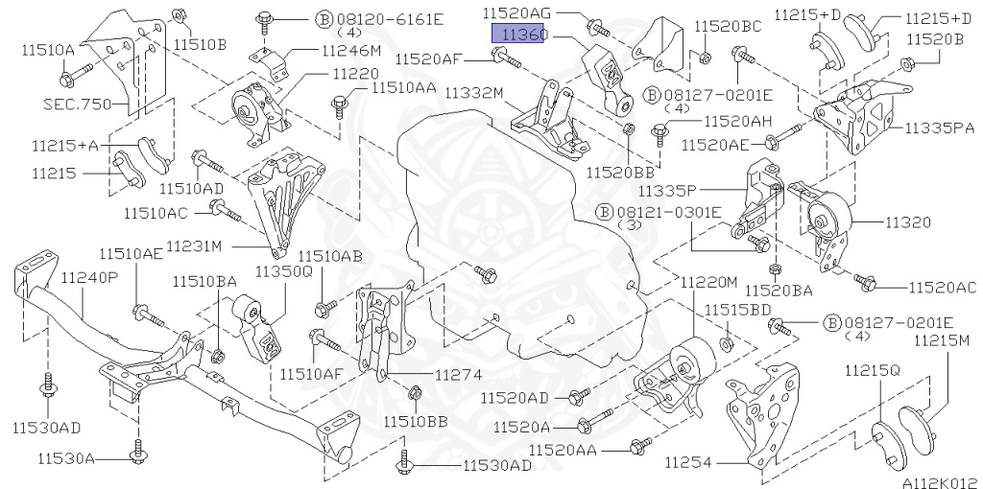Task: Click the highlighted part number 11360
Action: pos(520,34)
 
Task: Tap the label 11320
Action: pos(907,222)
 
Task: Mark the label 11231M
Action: pos(194,245)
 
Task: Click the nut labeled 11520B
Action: pos(906,66)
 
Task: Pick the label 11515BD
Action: pos(738,309)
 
